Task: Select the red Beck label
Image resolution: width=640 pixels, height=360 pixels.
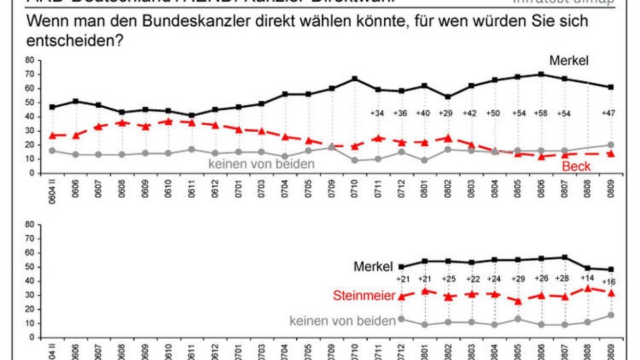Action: click(577, 167)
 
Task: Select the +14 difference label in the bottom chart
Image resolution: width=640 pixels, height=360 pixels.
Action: click(587, 278)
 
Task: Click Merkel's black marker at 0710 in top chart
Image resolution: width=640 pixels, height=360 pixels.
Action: click(354, 79)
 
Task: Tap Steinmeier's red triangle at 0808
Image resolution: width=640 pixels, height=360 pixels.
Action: click(588, 289)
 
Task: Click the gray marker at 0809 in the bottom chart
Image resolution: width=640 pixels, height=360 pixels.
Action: click(611, 315)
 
